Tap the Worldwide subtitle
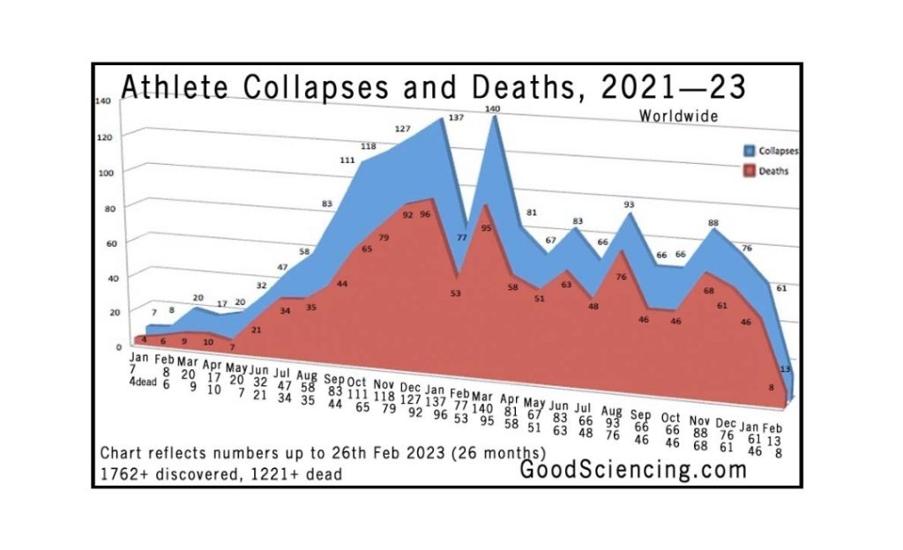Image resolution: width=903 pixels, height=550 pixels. point(678,115)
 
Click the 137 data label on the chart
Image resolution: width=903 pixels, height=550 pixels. point(456,118)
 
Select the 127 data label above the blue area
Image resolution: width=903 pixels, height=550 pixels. point(402,129)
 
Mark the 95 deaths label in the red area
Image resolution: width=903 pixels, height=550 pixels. point(485,227)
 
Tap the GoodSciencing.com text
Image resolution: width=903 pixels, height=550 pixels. point(632,470)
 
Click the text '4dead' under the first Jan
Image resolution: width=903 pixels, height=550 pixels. point(141,382)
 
